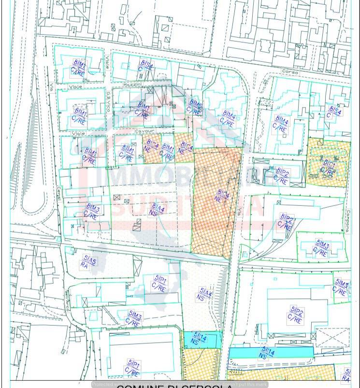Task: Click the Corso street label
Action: pyautogui.click(x=290, y=72)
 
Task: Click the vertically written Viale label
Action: pyautogui.click(x=107, y=62)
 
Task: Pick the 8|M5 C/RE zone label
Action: pyautogui.click(x=195, y=107)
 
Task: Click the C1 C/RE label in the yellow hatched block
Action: pyautogui.click(x=328, y=168)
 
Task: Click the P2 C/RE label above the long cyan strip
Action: pyautogui.click(x=296, y=315)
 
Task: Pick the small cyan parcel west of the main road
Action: pyautogui.click(x=202, y=339)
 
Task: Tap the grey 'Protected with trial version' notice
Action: pyautogui.click(x=180, y=385)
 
